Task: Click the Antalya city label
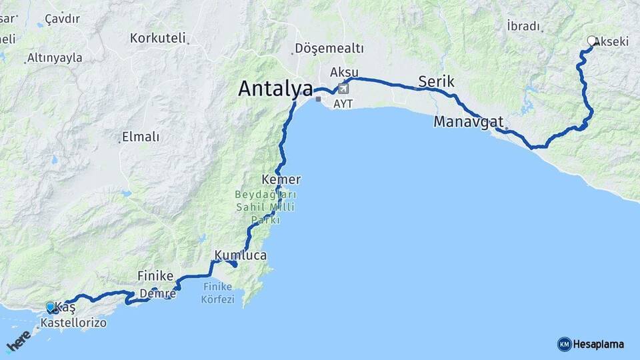click(x=275, y=89)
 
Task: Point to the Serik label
click(x=436, y=82)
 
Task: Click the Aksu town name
click(x=344, y=72)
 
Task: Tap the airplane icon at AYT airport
click(x=343, y=87)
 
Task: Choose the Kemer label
click(x=282, y=180)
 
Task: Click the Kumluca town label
click(x=241, y=255)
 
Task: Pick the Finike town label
click(x=155, y=275)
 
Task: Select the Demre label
click(x=158, y=293)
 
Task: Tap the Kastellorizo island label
click(x=73, y=323)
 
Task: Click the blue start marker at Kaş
click(x=51, y=307)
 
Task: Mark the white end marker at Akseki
click(x=591, y=41)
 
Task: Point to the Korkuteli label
click(x=158, y=38)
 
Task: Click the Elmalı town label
click(x=141, y=137)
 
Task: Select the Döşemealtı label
click(x=329, y=48)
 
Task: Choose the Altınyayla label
click(x=55, y=58)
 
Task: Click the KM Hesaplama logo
click(x=591, y=344)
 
